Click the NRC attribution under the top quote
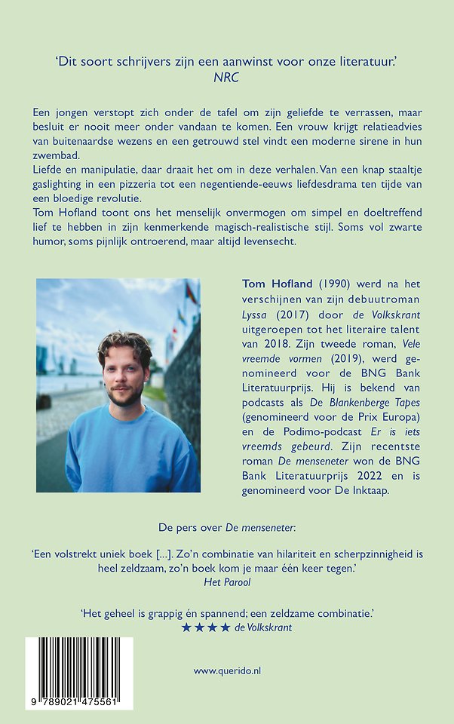click(226, 75)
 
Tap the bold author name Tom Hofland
click(275, 284)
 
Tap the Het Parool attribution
click(226, 581)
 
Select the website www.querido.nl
click(226, 670)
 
